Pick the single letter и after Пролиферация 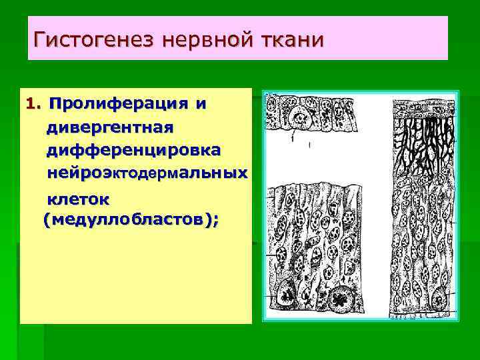tap(200, 104)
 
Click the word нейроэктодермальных tap(147, 173)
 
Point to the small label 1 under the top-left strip tap(292, 141)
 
